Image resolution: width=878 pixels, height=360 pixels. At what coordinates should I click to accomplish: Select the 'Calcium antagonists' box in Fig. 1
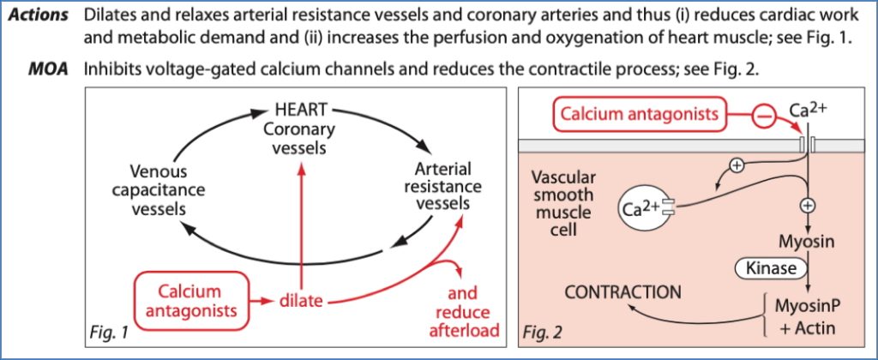click(189, 301)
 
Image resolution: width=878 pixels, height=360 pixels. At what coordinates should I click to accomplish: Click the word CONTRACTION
click(623, 292)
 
